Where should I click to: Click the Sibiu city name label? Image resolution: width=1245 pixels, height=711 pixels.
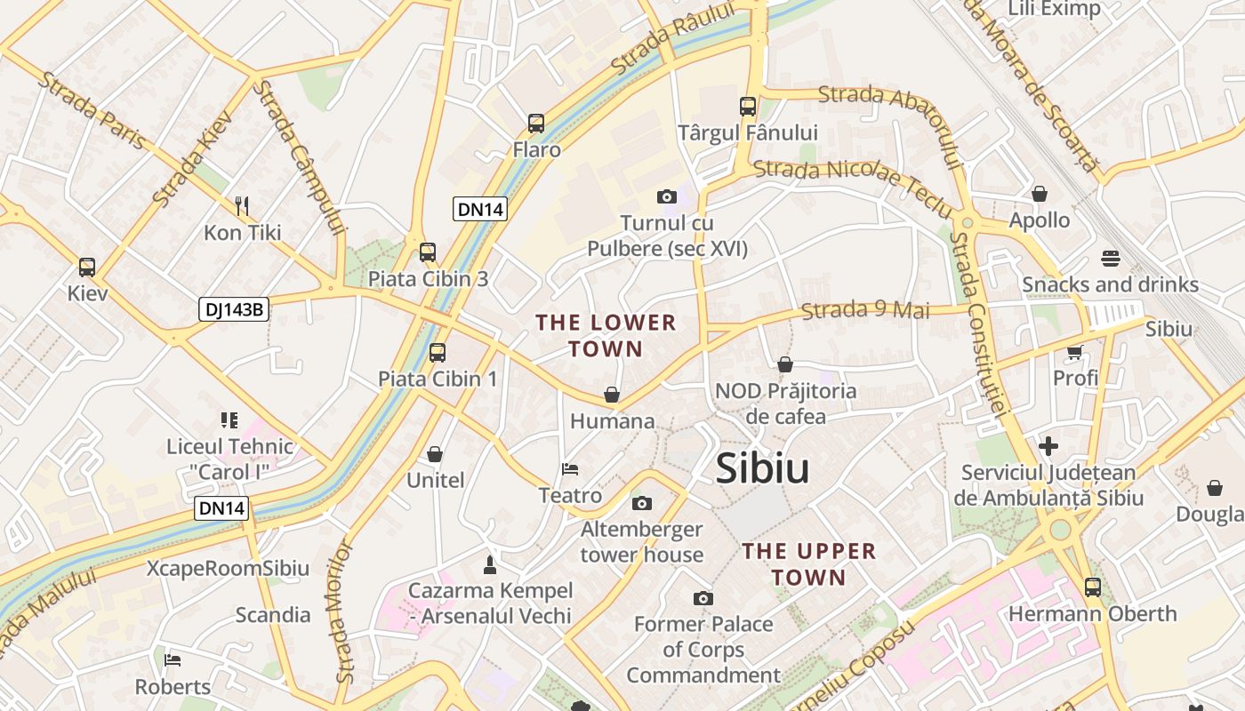pyautogui.click(x=762, y=468)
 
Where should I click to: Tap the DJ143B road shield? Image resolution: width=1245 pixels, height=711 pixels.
pyautogui.click(x=233, y=309)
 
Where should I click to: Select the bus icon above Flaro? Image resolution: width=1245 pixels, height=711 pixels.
pyautogui.click(x=535, y=124)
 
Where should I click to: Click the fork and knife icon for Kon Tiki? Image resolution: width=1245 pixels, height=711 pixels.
pyautogui.click(x=242, y=206)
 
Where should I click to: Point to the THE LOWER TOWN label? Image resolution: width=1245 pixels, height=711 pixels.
pyautogui.click(x=606, y=335)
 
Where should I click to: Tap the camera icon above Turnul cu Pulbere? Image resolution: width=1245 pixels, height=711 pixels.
pyautogui.click(x=666, y=196)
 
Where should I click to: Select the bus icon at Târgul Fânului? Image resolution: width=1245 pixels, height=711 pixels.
pyautogui.click(x=747, y=107)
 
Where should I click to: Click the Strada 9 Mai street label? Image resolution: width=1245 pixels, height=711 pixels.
pyautogui.click(x=864, y=310)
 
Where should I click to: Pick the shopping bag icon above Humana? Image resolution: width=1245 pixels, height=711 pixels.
pyautogui.click(x=612, y=395)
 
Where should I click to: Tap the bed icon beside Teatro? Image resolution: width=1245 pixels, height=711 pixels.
pyautogui.click(x=570, y=468)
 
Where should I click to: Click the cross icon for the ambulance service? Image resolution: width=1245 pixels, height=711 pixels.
pyautogui.click(x=1048, y=445)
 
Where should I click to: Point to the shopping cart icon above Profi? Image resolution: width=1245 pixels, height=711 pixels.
pyautogui.click(x=1074, y=352)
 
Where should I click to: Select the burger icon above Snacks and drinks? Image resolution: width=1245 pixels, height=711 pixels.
pyautogui.click(x=1110, y=259)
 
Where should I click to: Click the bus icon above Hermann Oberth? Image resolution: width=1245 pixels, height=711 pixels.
pyautogui.click(x=1092, y=587)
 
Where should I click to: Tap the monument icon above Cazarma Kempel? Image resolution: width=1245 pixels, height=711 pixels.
pyautogui.click(x=489, y=564)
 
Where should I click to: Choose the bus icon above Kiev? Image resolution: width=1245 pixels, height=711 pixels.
pyautogui.click(x=87, y=268)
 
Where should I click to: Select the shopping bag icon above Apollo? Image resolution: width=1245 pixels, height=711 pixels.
pyautogui.click(x=1039, y=194)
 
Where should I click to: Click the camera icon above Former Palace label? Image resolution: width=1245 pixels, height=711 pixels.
pyautogui.click(x=703, y=598)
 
